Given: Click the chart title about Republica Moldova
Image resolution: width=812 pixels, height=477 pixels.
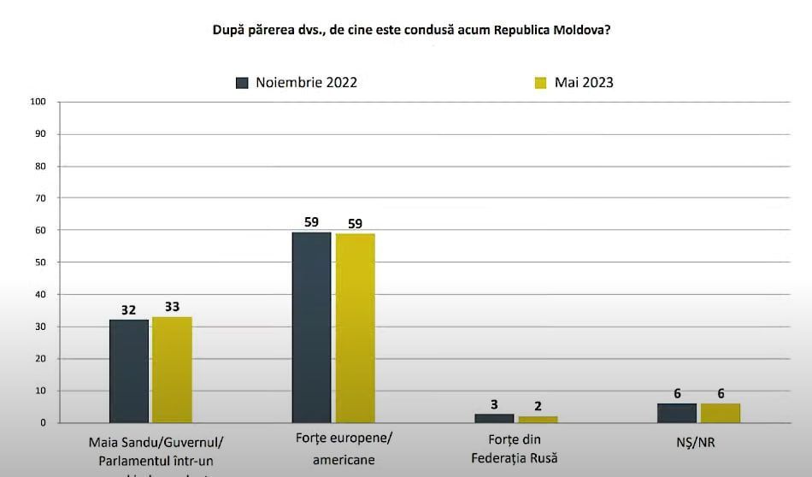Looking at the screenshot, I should click(411, 30).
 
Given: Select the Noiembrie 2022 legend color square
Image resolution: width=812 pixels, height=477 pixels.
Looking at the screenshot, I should click(242, 83).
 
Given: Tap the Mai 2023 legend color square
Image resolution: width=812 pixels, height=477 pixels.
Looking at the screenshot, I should click(540, 83).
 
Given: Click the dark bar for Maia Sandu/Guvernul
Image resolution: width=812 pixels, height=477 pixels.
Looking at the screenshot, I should click(128, 371).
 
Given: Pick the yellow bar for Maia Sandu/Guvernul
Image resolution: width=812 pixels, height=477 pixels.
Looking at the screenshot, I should click(172, 369).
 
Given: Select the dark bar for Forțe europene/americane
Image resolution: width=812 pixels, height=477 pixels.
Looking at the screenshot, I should click(311, 327).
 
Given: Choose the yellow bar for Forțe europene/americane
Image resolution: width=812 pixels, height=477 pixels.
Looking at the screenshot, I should click(355, 327).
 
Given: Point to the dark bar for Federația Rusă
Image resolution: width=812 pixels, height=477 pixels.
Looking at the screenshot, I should click(494, 418).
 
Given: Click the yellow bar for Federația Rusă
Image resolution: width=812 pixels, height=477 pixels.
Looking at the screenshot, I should click(538, 419).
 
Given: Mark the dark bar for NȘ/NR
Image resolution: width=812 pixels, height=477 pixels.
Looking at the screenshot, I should click(677, 413).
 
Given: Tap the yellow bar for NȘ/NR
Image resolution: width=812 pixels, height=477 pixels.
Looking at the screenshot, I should click(721, 413).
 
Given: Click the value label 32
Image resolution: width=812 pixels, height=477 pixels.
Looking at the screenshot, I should click(128, 310).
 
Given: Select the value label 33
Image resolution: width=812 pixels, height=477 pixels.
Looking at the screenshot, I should click(172, 308).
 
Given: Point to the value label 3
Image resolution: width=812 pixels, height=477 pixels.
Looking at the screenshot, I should click(494, 404).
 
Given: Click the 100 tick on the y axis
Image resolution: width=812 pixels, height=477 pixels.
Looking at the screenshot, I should click(38, 102).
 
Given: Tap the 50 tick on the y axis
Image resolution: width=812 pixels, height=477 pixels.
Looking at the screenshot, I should click(40, 262).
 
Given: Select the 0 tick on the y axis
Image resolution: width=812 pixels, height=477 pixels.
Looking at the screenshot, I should click(43, 423).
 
